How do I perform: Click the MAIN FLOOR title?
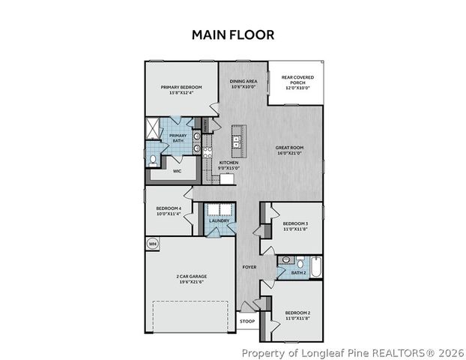[233, 34]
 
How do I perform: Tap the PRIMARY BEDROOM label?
[181, 90]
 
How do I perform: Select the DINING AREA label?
[243, 83]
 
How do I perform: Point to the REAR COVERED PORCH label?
[297, 82]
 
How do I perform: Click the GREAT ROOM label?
[288, 151]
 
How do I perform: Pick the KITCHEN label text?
[229, 165]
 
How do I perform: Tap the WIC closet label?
[178, 171]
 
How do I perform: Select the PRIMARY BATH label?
[178, 138]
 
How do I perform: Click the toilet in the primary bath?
[153, 159]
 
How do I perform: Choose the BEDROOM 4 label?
[169, 211]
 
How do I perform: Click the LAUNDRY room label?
[218, 221]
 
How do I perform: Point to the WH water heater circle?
[152, 244]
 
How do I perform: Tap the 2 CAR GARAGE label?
[192, 279]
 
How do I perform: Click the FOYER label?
[249, 267]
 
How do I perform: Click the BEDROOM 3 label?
[295, 226]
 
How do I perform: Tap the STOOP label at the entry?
[246, 322]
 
